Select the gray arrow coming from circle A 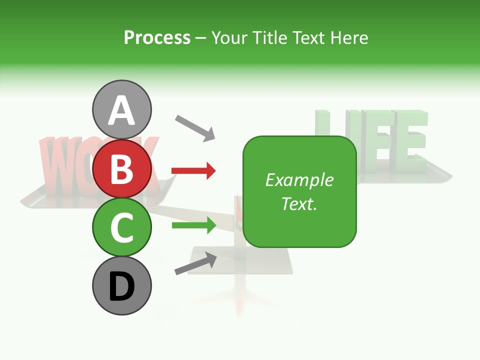pyautogui.click(x=195, y=127)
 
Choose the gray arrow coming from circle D pyautogui.click(x=195, y=263)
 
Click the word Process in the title pyautogui.click(x=157, y=37)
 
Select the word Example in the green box pyautogui.click(x=299, y=180)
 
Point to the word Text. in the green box pyautogui.click(x=299, y=203)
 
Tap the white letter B pyautogui.click(x=122, y=169)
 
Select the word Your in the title pyautogui.click(x=229, y=37)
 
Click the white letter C pyautogui.click(x=122, y=228)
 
